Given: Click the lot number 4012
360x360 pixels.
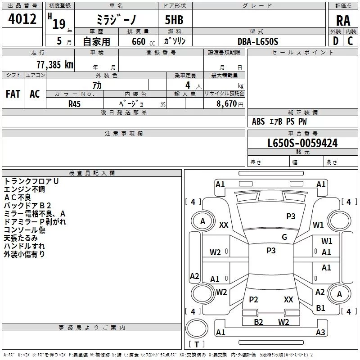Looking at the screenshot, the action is tap(22, 19).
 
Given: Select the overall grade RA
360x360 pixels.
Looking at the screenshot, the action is tap(343, 21).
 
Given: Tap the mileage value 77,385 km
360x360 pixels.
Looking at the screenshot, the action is tap(55, 64).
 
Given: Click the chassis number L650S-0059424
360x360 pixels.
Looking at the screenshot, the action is tap(302, 143).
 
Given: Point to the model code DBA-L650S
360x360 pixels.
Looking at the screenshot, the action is tap(258, 41).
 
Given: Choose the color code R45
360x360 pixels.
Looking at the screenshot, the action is tap(74, 104).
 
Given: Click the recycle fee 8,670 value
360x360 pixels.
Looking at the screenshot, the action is tap(226, 103).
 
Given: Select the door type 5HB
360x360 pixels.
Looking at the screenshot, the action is tap(174, 20).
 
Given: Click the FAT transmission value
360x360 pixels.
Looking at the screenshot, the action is tap(13, 94).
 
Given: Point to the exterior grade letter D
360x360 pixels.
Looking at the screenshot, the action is tap(335, 41).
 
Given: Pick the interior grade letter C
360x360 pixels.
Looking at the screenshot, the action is tap(350, 41).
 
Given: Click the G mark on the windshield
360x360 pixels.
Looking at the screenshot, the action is tap(284, 237).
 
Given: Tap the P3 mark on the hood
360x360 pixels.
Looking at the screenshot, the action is tap(291, 216).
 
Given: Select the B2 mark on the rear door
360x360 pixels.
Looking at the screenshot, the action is tap(258, 322).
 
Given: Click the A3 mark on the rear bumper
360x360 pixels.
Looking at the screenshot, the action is tap(320, 332).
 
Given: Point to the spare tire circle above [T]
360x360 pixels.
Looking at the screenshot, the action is tap(197, 328).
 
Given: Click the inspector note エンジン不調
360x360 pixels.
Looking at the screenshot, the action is tap(24, 189).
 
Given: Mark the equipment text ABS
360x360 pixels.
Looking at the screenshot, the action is tap(258, 121).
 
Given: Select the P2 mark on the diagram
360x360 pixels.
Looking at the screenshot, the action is tap(253, 299).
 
